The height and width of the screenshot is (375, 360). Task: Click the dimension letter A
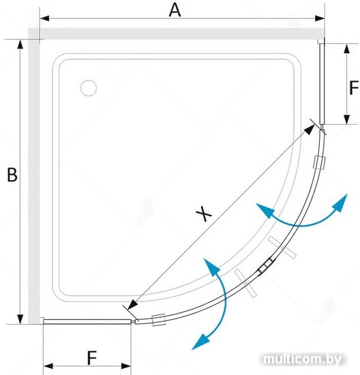click(x=175, y=10)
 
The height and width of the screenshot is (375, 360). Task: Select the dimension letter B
click(x=12, y=175)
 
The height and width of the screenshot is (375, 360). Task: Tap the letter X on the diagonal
click(x=204, y=213)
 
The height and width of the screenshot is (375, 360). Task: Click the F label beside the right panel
click(x=354, y=87)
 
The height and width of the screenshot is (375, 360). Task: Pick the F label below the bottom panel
click(x=92, y=358)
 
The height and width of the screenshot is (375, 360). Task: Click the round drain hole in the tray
click(x=89, y=88)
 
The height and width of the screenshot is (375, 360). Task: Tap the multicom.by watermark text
click(x=302, y=359)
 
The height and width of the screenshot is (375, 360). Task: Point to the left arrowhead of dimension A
click(x=44, y=18)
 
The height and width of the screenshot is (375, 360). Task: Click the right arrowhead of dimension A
click(x=320, y=18)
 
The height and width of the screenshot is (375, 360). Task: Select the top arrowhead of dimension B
click(x=20, y=44)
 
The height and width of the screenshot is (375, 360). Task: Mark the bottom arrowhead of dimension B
click(x=20, y=319)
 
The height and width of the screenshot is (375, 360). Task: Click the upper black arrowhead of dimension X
click(x=310, y=130)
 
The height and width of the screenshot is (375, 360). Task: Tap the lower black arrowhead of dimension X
click(x=133, y=305)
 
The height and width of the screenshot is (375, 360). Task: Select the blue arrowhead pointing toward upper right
click(x=341, y=202)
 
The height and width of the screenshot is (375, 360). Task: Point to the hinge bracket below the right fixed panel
click(x=320, y=162)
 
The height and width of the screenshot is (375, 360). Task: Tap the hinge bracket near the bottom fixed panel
click(x=158, y=320)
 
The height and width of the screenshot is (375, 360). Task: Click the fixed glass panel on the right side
click(x=322, y=83)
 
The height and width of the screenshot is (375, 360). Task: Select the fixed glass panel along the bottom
click(x=87, y=322)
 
